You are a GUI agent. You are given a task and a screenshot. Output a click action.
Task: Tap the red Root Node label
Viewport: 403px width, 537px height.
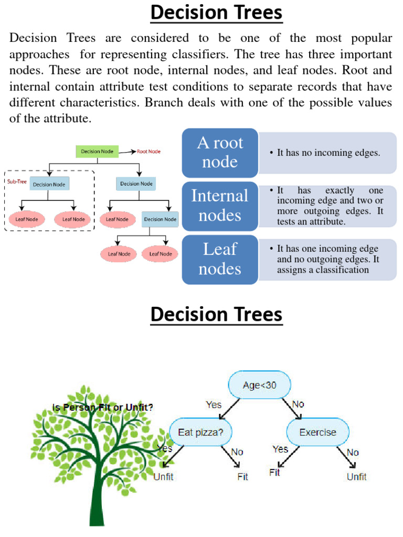[x=149, y=152]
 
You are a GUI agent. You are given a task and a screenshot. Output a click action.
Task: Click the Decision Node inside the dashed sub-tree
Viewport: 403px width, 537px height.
[x=50, y=184]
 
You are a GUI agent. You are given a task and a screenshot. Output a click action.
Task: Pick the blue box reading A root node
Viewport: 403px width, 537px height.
[x=220, y=152]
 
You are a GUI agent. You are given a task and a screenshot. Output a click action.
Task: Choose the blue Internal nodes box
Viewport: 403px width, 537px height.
[x=220, y=206]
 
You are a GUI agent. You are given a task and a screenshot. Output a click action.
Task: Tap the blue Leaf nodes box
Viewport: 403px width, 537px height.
[x=220, y=259]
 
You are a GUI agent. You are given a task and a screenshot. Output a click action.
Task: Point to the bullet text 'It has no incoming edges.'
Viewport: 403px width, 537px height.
[x=328, y=153]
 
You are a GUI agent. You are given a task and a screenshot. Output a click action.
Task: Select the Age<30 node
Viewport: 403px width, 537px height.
[x=259, y=385]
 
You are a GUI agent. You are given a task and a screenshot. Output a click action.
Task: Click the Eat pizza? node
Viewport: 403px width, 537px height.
[x=201, y=433]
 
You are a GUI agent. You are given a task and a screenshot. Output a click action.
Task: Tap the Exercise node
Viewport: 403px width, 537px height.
[x=317, y=433]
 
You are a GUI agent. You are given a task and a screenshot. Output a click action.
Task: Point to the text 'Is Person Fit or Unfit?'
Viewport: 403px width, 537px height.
[x=103, y=407]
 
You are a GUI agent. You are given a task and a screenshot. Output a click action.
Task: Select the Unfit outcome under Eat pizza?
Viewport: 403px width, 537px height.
[x=163, y=477]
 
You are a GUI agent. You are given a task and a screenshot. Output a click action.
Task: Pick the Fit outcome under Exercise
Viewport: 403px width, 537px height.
[x=274, y=472]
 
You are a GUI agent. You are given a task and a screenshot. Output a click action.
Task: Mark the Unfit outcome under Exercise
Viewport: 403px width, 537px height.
[x=357, y=477]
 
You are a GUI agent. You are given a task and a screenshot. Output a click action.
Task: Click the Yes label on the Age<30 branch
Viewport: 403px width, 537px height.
[x=214, y=404]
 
